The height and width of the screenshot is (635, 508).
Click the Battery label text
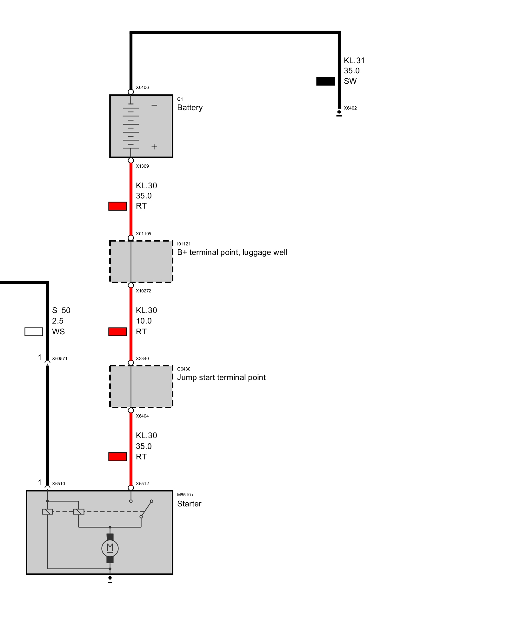click(x=190, y=108)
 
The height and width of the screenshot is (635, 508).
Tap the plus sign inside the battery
click(x=154, y=147)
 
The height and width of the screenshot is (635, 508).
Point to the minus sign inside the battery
click(x=154, y=105)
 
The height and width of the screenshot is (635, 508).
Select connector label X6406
click(x=142, y=87)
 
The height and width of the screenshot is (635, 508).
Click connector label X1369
click(x=142, y=166)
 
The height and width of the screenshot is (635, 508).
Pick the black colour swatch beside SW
click(x=325, y=81)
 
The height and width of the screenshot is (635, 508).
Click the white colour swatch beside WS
click(x=34, y=332)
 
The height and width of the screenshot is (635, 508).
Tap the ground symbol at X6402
click(x=339, y=113)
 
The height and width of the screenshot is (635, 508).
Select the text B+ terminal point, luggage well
click(x=232, y=252)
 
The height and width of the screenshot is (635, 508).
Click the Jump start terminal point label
click(x=221, y=378)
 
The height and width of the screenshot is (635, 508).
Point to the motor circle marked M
click(x=110, y=548)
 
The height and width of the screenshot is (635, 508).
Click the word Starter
click(x=189, y=504)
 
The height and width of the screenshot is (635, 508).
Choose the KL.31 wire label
click(x=354, y=61)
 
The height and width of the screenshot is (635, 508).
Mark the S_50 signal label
click(x=61, y=311)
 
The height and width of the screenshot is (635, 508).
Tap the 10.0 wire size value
click(x=144, y=321)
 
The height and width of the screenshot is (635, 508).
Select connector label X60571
click(x=60, y=358)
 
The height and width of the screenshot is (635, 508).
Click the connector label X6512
click(x=142, y=484)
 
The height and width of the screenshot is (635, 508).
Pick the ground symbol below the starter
click(x=110, y=580)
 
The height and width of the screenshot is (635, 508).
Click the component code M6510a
click(x=185, y=495)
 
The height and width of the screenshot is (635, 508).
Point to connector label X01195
click(x=144, y=234)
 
